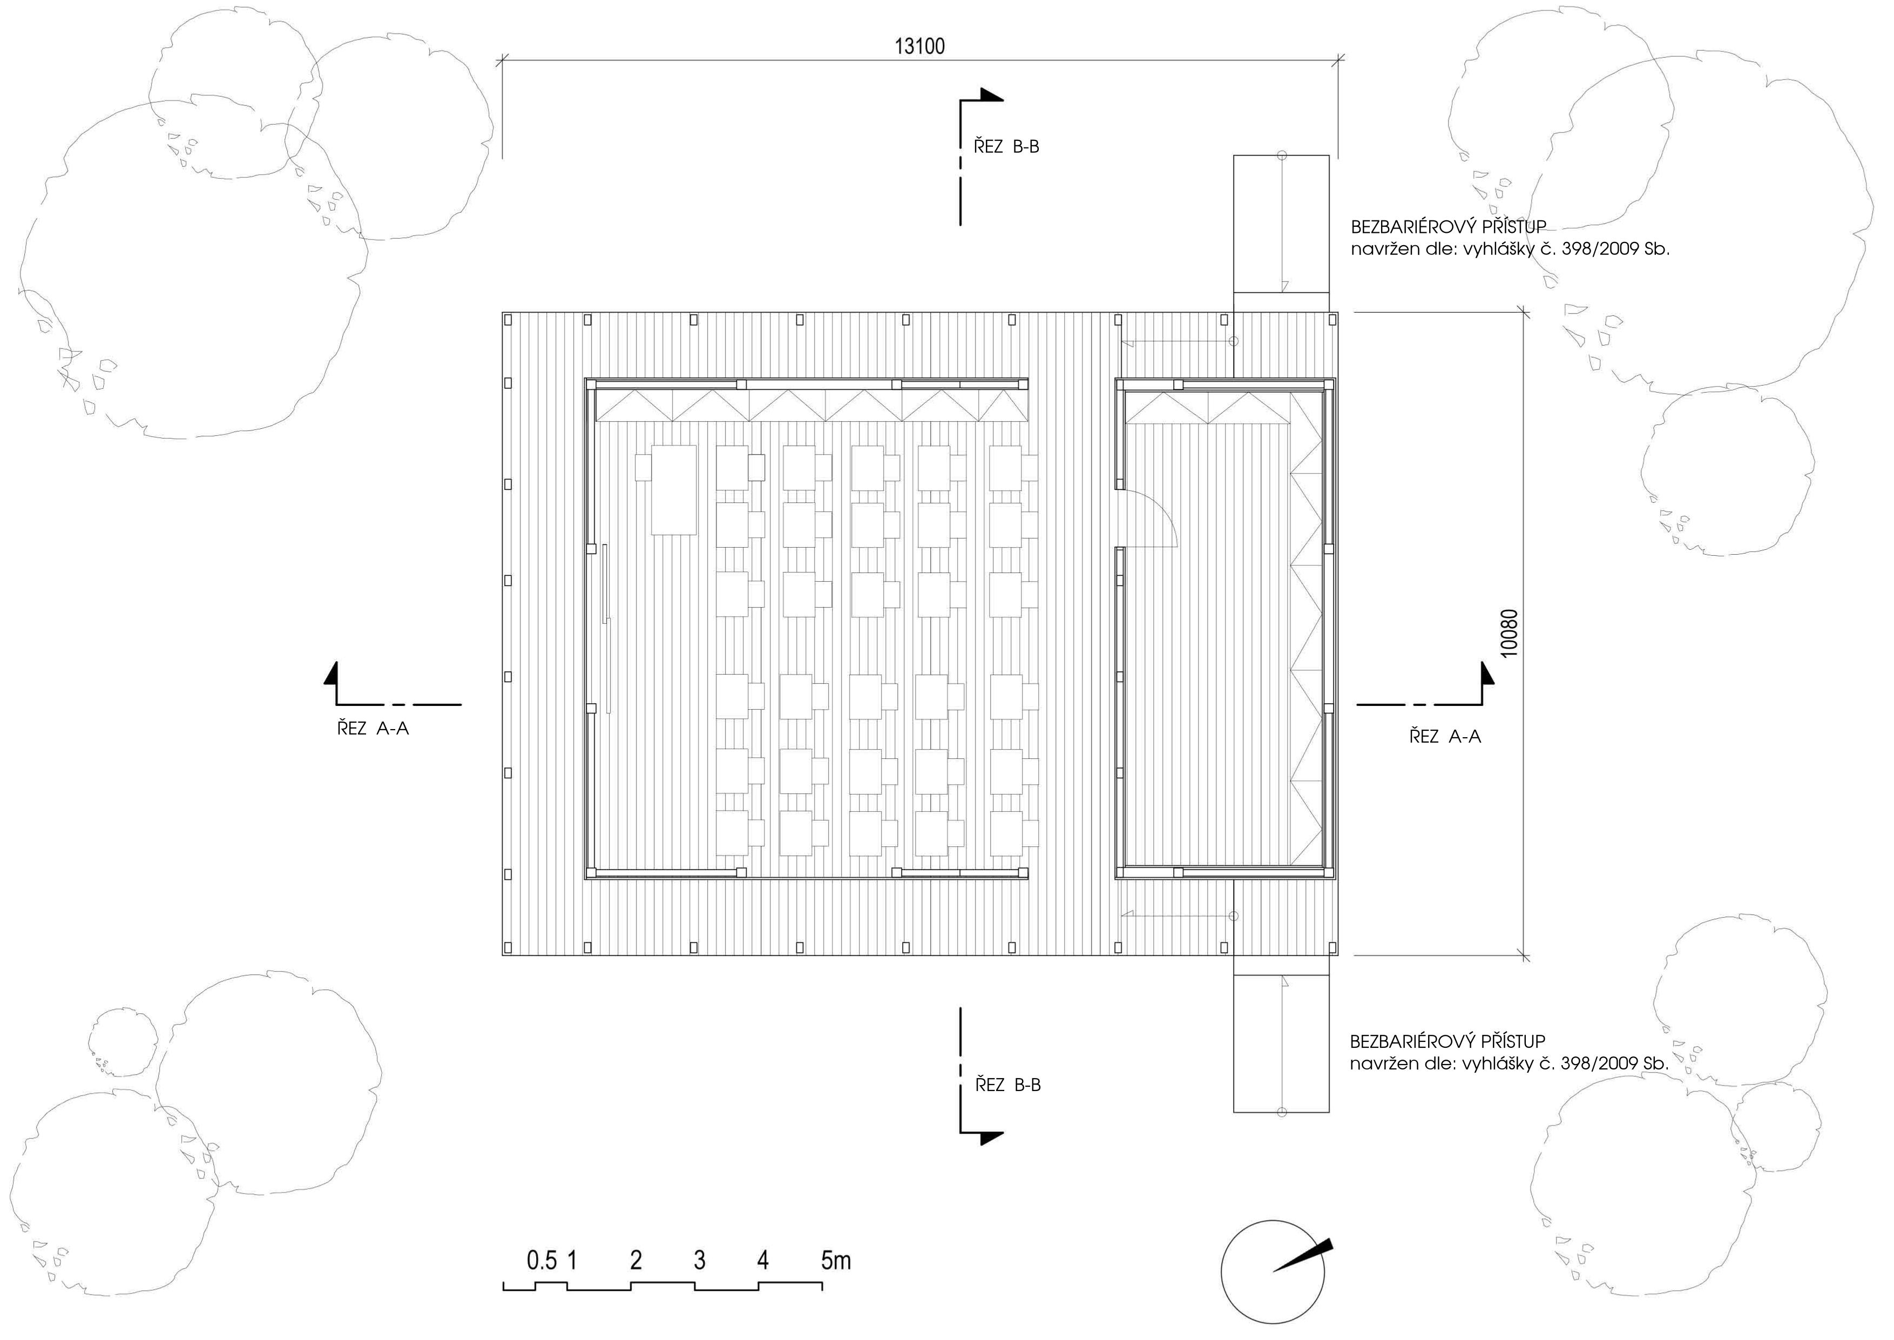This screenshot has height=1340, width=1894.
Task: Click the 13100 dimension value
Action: tap(920, 46)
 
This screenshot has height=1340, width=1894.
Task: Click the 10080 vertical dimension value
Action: tap(1510, 634)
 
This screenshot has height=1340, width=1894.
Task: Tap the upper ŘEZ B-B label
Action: tap(1006, 147)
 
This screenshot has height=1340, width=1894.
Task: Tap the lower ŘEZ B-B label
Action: tap(1008, 1085)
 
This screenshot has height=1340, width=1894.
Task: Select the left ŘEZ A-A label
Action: tap(373, 729)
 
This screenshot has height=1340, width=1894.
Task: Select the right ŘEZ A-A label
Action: tap(1445, 737)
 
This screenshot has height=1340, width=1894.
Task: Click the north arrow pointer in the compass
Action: tap(1303, 1255)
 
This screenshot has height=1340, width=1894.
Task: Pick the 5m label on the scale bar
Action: tap(836, 1260)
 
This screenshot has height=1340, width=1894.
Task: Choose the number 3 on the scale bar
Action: tap(700, 1260)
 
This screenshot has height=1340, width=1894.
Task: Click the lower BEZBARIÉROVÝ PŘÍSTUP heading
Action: tap(1447, 1041)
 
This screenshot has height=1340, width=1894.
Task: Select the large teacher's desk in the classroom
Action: tap(674, 490)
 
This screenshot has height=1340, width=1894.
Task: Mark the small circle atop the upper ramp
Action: tap(1282, 155)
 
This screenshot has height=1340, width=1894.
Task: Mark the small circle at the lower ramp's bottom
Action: tap(1282, 1112)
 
